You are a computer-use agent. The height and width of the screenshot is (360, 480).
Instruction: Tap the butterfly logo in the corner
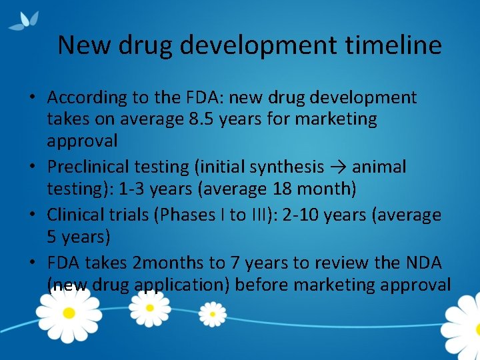(24, 20)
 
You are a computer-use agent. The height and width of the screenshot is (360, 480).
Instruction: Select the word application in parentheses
(181, 285)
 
